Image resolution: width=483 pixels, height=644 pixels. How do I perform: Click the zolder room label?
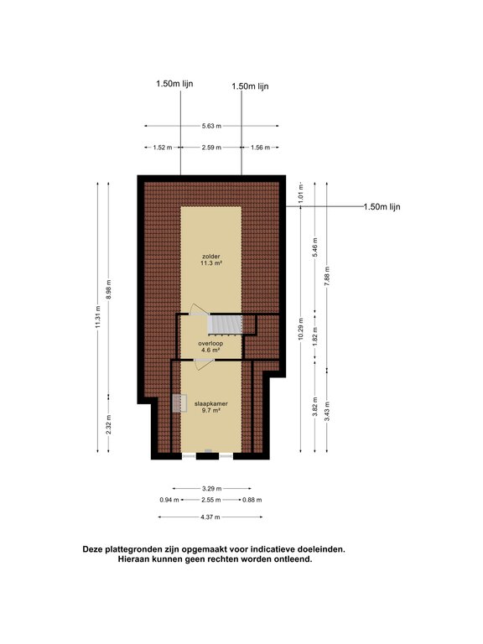(x=211, y=257)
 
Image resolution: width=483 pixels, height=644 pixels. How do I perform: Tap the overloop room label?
(x=210, y=343)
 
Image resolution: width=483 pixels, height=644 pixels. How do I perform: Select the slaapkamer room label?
(x=210, y=403)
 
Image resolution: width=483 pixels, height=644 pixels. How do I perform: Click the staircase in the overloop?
(x=225, y=325)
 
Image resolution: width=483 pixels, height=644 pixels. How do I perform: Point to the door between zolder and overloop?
(x=197, y=309)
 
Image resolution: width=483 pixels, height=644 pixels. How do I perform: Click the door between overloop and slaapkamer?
(x=204, y=364)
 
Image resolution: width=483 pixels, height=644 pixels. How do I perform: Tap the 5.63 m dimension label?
(x=211, y=126)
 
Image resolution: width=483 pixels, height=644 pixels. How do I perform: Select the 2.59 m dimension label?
(x=211, y=148)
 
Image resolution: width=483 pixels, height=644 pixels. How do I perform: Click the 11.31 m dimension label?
(x=98, y=317)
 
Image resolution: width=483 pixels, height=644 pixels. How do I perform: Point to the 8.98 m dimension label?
(x=109, y=289)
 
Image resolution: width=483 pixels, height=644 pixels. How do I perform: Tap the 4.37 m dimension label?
(x=210, y=517)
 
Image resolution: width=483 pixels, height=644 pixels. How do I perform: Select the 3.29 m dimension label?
(x=212, y=489)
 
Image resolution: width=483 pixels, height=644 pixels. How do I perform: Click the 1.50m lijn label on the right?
(x=382, y=207)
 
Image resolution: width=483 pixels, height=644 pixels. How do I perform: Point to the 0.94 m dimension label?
(x=169, y=500)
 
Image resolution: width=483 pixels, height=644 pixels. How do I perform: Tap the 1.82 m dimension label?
(x=315, y=337)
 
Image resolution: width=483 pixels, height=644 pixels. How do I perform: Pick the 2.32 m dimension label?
(x=109, y=424)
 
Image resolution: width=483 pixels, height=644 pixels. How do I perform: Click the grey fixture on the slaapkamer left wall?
(x=179, y=402)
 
